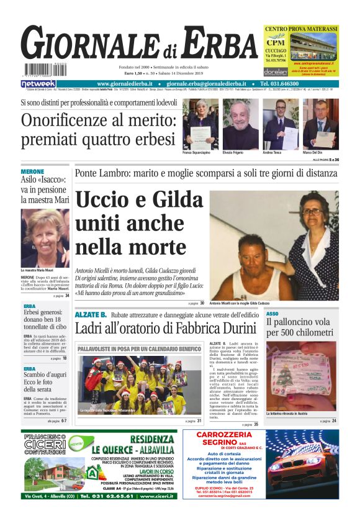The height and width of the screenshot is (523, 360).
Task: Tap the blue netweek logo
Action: click(x=38, y=83)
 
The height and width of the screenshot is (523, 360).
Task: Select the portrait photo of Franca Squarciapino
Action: click(x=200, y=124)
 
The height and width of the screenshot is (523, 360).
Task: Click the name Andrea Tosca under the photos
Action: click(x=271, y=152)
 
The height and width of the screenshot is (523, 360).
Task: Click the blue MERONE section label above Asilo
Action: click(x=32, y=171)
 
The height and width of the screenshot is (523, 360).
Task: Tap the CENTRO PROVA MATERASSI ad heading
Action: click(x=300, y=29)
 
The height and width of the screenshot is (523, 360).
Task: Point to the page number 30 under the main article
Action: click(x=202, y=304)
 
